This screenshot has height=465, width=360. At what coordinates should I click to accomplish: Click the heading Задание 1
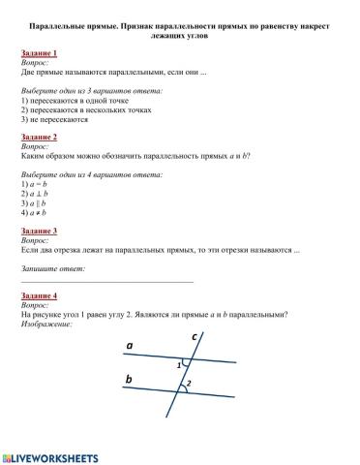pos(39,52)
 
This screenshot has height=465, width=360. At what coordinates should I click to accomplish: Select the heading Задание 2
pos(39,138)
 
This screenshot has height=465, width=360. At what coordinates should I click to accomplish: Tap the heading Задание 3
pos(39,232)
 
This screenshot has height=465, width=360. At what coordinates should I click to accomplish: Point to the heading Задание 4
pos(39,294)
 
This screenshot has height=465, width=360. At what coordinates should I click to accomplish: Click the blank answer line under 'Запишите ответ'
pos(106,279)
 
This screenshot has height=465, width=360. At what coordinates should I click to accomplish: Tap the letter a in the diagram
pos(130,345)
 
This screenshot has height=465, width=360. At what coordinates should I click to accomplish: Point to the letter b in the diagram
pos(129,381)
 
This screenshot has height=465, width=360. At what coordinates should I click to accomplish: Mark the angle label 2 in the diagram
pos(190,385)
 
